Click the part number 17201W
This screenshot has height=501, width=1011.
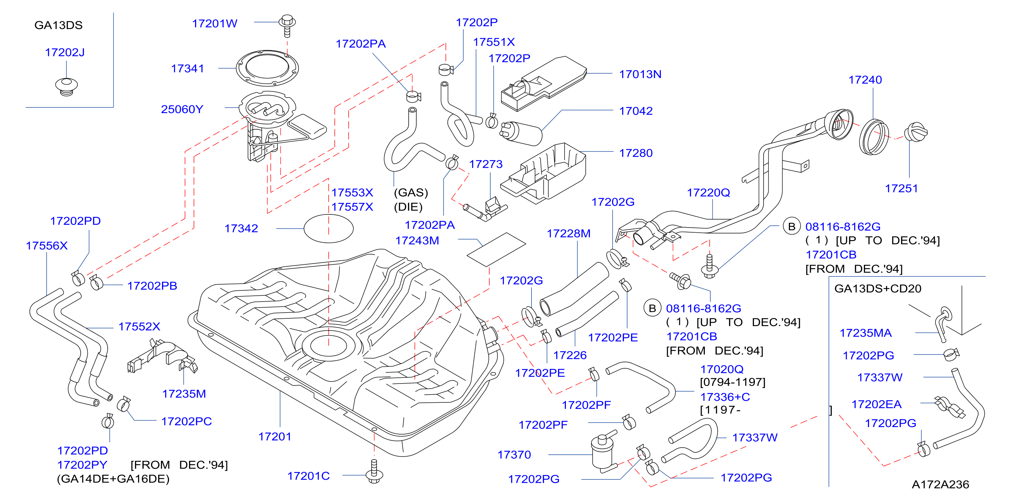(x=214, y=24)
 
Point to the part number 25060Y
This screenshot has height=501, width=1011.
(x=182, y=109)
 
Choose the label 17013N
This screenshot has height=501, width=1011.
(x=640, y=74)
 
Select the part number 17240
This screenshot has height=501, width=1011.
(x=865, y=80)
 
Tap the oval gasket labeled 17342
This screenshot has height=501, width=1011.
(x=328, y=229)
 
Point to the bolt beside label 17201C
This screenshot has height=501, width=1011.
(x=374, y=471)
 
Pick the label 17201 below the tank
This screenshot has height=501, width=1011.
(x=275, y=437)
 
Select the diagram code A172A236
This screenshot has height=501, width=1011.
(x=940, y=484)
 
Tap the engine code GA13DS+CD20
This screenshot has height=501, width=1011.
(x=878, y=289)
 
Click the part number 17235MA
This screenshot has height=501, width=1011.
(x=866, y=333)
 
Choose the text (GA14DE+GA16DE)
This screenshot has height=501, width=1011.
(x=113, y=479)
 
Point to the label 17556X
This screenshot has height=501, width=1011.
(x=47, y=246)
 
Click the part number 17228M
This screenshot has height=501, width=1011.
(x=569, y=234)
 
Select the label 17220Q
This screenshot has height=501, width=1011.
(x=708, y=193)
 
